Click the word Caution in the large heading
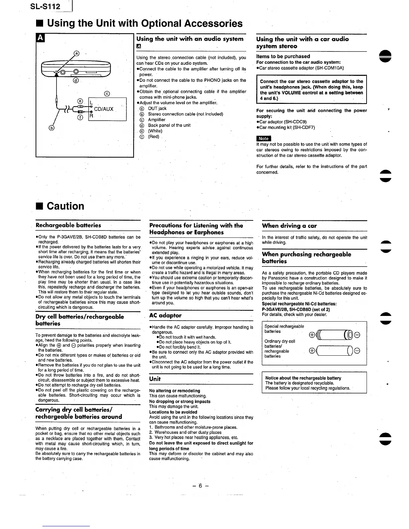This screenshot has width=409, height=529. click(x=65, y=206)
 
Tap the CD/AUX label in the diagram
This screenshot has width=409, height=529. click(x=104, y=109)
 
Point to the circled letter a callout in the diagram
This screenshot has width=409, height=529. click(x=77, y=53)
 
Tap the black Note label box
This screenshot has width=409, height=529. click(x=263, y=139)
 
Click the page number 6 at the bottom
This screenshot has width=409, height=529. click(x=200, y=486)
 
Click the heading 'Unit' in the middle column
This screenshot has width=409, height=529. click(x=155, y=379)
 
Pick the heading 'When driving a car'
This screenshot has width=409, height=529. click(x=289, y=225)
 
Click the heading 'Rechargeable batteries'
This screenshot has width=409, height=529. click(x=68, y=225)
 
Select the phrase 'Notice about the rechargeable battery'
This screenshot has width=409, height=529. click(x=303, y=378)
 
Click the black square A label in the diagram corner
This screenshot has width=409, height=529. click(x=39, y=38)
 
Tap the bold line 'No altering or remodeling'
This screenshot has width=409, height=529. click(x=174, y=390)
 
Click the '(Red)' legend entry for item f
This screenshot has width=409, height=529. click(x=154, y=137)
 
